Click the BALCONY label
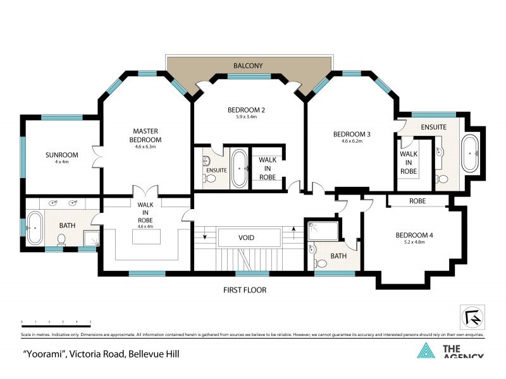(248, 65)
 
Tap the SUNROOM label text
(61, 155)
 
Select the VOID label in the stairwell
(246, 238)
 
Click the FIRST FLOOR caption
(244, 290)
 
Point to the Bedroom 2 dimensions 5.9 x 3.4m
(246, 117)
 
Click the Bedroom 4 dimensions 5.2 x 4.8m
(414, 242)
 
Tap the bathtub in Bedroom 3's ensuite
(470, 153)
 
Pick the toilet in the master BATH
(61, 239)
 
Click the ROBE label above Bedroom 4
(417, 201)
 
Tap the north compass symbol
(471, 316)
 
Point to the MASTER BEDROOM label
(145, 135)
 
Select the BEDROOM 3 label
(352, 134)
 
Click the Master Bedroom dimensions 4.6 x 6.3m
(145, 147)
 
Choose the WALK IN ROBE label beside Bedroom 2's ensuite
(268, 168)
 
